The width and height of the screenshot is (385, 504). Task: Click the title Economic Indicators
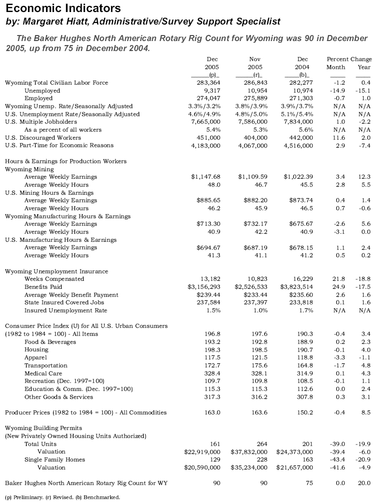(63, 8)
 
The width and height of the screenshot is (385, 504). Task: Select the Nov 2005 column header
(255, 63)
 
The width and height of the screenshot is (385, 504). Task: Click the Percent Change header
(348, 59)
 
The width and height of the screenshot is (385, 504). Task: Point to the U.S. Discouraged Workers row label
(43, 138)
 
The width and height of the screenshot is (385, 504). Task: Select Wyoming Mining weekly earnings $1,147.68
(206, 177)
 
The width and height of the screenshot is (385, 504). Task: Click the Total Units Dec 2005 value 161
(215, 444)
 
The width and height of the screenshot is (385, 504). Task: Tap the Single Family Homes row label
(55, 459)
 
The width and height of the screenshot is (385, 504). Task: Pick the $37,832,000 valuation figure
(251, 451)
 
